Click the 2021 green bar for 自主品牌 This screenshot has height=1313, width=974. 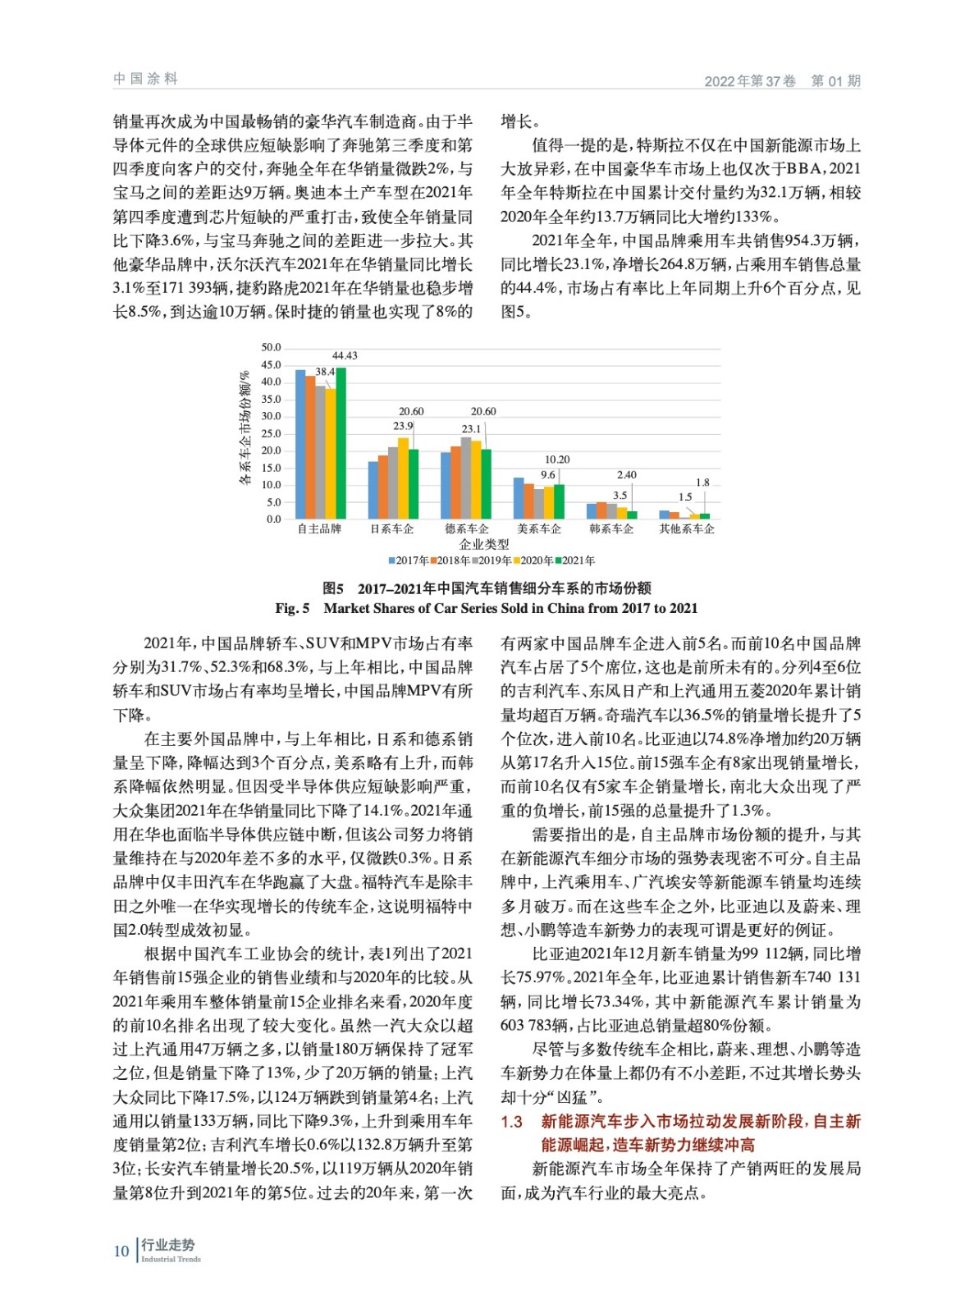pyautogui.click(x=341, y=443)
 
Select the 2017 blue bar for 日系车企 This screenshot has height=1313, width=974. pyautogui.click(x=373, y=490)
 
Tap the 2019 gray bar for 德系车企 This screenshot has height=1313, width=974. pyautogui.click(x=466, y=478)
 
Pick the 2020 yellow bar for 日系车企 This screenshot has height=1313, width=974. pyautogui.click(x=403, y=478)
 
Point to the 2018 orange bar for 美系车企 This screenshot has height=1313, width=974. pyautogui.click(x=528, y=501)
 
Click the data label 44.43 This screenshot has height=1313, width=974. pyautogui.click(x=345, y=355)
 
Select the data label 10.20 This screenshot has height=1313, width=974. pyautogui.click(x=557, y=460)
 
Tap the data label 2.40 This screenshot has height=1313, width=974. pyautogui.click(x=626, y=474)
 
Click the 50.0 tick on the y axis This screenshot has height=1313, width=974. pyautogui.click(x=271, y=348)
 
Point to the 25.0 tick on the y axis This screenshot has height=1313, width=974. pyautogui.click(x=271, y=433)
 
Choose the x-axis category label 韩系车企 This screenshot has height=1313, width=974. pyautogui.click(x=611, y=529)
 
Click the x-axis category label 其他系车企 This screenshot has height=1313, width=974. pyautogui.click(x=687, y=529)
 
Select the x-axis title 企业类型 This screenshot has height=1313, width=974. pyautogui.click(x=484, y=544)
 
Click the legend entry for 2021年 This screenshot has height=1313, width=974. pyautogui.click(x=575, y=560)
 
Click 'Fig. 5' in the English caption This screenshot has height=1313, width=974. pyautogui.click(x=292, y=608)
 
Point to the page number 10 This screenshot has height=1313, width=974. pyautogui.click(x=121, y=1251)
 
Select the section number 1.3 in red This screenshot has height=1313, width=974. pyautogui.click(x=512, y=1121)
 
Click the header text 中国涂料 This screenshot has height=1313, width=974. pyautogui.click(x=145, y=79)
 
